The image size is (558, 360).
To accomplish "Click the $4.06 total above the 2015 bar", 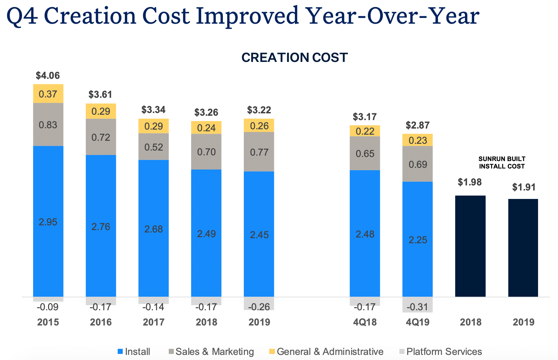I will coord(48,75).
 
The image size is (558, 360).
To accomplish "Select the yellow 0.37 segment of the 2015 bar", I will coord(48,94).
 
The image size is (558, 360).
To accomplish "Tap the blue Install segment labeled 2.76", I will coord(101,226).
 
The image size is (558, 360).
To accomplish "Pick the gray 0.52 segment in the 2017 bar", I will coord(154,147).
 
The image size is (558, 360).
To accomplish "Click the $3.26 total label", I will coord(206,112).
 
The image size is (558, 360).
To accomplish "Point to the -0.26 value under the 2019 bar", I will coord(259,307).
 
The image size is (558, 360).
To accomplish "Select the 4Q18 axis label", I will coord(365,322).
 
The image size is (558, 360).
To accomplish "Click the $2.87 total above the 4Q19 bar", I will coord(418,126).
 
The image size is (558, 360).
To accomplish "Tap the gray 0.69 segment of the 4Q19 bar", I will coord(418,164).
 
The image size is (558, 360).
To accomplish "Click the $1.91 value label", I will coord(524,187).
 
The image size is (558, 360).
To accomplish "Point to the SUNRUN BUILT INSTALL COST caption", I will coord(502,162).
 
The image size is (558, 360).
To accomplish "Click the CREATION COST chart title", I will coord(295,58).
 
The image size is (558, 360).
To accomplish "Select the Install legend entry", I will coord(134,352).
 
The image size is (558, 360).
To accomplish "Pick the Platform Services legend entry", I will coord(440,352).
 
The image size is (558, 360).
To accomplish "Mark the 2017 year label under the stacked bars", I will coord(154,322).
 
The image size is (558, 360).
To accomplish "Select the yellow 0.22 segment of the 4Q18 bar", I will coord(365,131).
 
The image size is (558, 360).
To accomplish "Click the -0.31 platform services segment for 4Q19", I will coord(418,307).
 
